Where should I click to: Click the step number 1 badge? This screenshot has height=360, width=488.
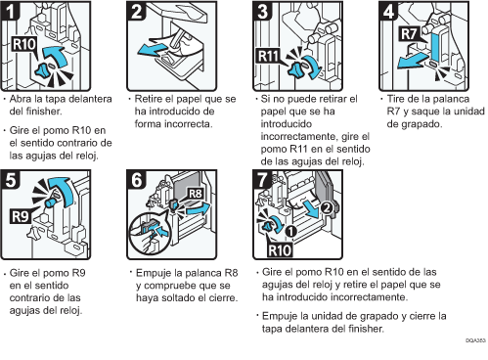pyautogui.click(x=11, y=11)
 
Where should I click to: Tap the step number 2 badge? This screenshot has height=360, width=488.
pyautogui.click(x=137, y=11)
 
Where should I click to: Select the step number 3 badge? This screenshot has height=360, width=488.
pyautogui.click(x=263, y=11)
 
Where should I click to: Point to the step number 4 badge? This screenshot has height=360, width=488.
pyautogui.click(x=389, y=11)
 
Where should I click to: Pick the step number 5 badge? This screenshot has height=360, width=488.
pyautogui.click(x=11, y=180)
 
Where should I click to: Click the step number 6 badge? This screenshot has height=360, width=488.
pyautogui.click(x=137, y=180)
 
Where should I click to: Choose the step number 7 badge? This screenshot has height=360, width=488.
pyautogui.click(x=262, y=180)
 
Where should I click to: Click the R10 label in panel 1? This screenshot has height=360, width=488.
pyautogui.click(x=24, y=44)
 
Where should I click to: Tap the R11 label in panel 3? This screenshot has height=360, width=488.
pyautogui.click(x=268, y=56)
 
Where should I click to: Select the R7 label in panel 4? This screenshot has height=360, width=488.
pyautogui.click(x=409, y=33)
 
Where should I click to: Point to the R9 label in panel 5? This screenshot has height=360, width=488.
pyautogui.click(x=21, y=216)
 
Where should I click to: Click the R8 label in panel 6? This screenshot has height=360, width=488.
pyautogui.click(x=196, y=194)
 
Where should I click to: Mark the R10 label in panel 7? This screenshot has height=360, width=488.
pyautogui.click(x=280, y=250)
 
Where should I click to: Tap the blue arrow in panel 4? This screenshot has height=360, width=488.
pyautogui.click(x=414, y=61)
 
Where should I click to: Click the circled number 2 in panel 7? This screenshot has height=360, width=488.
pyautogui.click(x=327, y=207)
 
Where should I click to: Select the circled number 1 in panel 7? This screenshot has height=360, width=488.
pyautogui.click(x=290, y=231)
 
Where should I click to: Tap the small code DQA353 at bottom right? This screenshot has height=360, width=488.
pyautogui.click(x=475, y=340)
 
